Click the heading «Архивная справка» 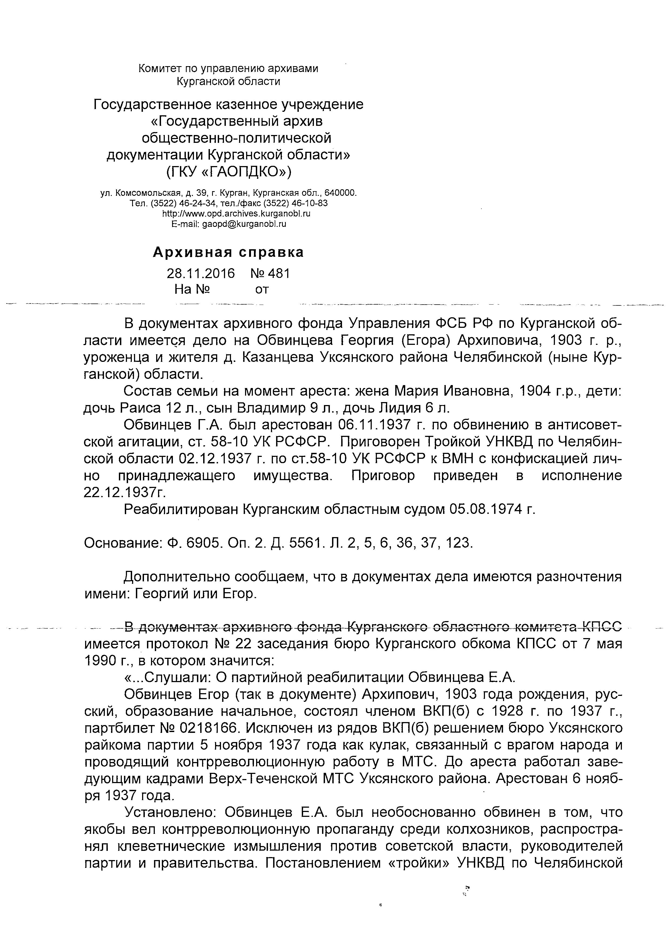point(228,252)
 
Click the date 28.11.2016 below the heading point(200,273)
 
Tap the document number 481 point(279,273)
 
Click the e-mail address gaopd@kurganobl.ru point(244,224)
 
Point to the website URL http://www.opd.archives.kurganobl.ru point(236,214)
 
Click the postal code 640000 point(340,193)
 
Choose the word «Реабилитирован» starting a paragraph point(180,510)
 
